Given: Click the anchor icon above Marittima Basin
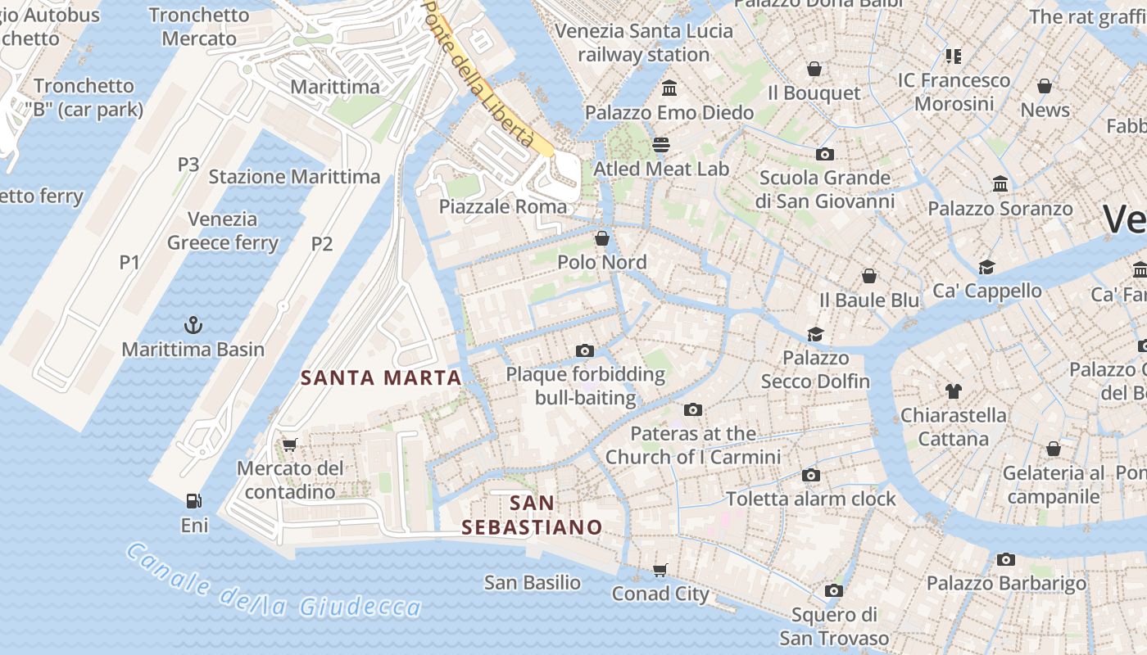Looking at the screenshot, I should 193,325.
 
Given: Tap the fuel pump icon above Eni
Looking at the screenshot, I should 194,501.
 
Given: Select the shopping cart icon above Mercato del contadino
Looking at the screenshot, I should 289,445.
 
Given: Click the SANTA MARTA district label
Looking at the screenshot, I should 382,377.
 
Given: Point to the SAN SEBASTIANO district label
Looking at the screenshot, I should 532,515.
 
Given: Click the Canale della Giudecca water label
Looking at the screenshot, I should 274,582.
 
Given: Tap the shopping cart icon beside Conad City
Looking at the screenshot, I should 660,570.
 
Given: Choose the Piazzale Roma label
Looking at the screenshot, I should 503,206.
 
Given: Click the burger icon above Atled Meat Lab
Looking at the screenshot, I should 661,145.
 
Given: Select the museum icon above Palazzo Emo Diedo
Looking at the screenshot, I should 669,88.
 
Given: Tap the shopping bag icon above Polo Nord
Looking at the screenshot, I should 602,238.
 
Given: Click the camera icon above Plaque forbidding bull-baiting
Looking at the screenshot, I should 585,350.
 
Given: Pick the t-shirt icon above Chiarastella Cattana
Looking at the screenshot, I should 953,391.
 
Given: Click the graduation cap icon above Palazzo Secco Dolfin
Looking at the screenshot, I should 815,334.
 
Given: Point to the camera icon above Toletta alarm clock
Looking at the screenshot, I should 811,475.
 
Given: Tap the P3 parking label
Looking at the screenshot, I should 188,164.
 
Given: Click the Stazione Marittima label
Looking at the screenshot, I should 294,177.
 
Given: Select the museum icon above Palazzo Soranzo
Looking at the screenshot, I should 1000,184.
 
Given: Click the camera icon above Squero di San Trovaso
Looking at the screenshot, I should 834,590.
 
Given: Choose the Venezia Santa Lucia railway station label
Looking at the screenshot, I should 644,43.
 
